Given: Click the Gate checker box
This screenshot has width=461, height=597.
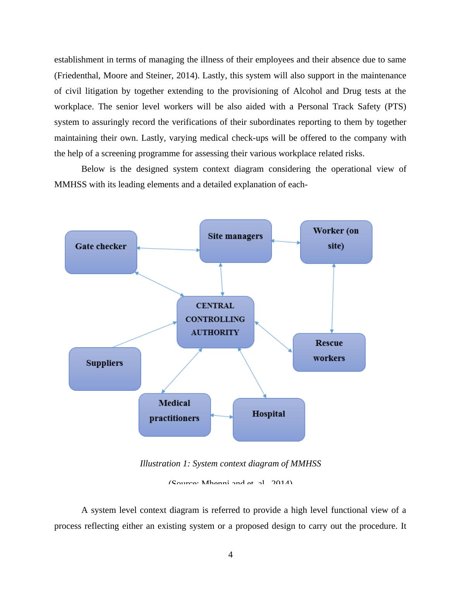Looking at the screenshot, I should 101,252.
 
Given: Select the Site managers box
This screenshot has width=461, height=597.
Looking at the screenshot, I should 236,241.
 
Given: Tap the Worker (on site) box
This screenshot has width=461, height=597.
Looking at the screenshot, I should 336,242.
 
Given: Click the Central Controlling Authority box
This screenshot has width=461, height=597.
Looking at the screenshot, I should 215,322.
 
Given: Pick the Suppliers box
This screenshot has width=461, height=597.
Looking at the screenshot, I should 105,369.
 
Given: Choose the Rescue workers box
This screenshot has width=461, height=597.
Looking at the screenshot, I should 329,352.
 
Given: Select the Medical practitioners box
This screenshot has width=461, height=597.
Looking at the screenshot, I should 175,415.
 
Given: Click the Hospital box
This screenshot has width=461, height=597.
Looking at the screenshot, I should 268,419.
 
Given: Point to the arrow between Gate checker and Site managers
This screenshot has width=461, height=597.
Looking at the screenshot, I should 168,249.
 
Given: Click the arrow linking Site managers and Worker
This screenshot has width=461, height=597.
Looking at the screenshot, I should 286,242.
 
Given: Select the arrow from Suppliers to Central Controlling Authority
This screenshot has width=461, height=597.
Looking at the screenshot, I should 144,335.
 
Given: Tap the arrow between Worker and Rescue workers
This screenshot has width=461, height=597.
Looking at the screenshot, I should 333,298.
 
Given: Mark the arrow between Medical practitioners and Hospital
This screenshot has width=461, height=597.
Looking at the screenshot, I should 222,416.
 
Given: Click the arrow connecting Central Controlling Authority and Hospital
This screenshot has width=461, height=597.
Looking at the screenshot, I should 252,373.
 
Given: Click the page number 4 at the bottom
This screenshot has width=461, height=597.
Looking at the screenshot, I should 230,555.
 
